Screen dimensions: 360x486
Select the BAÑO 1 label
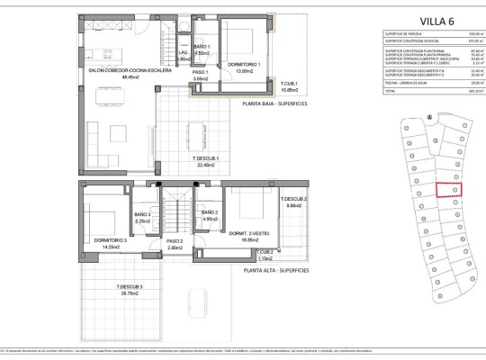click(x=202, y=46)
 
